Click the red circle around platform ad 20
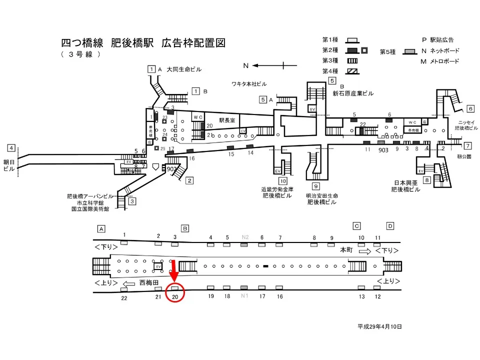coord(175,292)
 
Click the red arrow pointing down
coord(173,272)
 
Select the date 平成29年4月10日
coord(379,326)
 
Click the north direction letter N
coord(246,65)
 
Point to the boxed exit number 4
coord(11,148)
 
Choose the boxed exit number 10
coord(283,181)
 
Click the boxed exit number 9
coord(316,186)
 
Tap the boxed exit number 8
coord(426,180)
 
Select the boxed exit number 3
coord(132,201)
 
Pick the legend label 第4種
coord(330,71)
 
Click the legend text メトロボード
coord(444,61)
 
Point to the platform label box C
coord(357,226)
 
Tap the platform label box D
coord(390,226)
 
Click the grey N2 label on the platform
coord(245,236)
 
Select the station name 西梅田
coord(148,282)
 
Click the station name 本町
coord(346,249)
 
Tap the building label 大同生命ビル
coord(184,69)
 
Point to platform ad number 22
coord(124,298)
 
